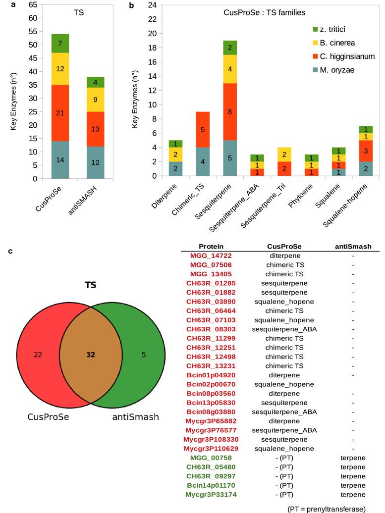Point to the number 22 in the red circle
(38, 355)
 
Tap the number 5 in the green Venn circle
(143, 355)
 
